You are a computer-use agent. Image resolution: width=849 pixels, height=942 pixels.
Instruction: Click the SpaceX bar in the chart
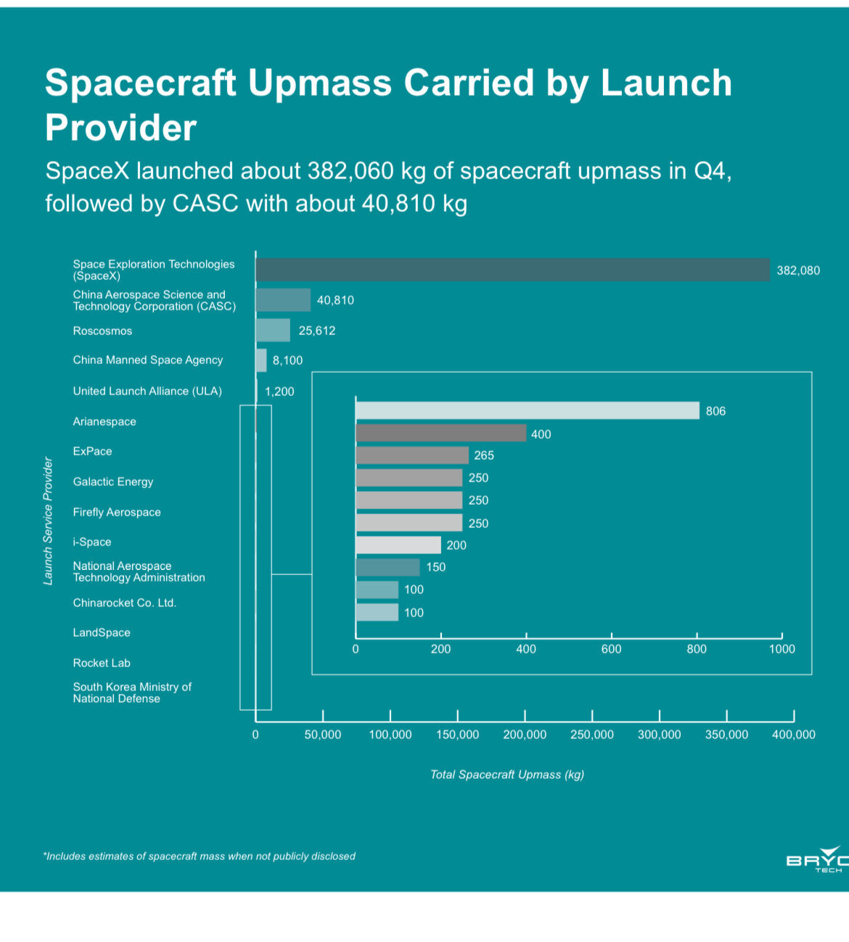coord(512,270)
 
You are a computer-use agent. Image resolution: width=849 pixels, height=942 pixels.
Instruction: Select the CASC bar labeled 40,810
coord(283,299)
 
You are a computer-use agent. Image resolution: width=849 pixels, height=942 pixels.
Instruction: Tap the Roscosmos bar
coord(273,330)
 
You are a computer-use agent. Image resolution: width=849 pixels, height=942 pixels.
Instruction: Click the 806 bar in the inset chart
coord(527,410)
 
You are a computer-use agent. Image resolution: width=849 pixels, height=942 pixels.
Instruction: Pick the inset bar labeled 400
coord(440,434)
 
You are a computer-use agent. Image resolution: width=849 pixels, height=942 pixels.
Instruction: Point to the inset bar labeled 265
coord(411,455)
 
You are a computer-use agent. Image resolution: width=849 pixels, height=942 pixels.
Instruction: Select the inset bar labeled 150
coord(387,567)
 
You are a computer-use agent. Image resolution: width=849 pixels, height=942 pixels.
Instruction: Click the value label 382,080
coord(798,270)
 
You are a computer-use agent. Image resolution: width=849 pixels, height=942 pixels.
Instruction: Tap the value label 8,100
coord(287,360)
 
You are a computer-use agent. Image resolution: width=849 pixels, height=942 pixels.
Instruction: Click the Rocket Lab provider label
coord(102,663)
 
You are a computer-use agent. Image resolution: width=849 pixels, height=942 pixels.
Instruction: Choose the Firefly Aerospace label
coord(117,512)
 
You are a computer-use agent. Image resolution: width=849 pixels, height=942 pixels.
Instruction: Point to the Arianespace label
coord(104,421)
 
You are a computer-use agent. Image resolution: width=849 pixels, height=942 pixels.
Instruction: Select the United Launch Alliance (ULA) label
coord(147,391)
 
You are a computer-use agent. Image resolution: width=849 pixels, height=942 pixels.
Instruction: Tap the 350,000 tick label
coord(726,735)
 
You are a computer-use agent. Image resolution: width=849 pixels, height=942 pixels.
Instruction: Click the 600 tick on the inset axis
coord(611,649)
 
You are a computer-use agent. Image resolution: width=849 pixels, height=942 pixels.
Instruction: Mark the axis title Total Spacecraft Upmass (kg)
coord(506,774)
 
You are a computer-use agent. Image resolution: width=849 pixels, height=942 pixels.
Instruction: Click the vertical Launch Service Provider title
coord(48,521)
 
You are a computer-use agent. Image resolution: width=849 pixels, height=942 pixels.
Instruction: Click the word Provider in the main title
coord(120,128)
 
